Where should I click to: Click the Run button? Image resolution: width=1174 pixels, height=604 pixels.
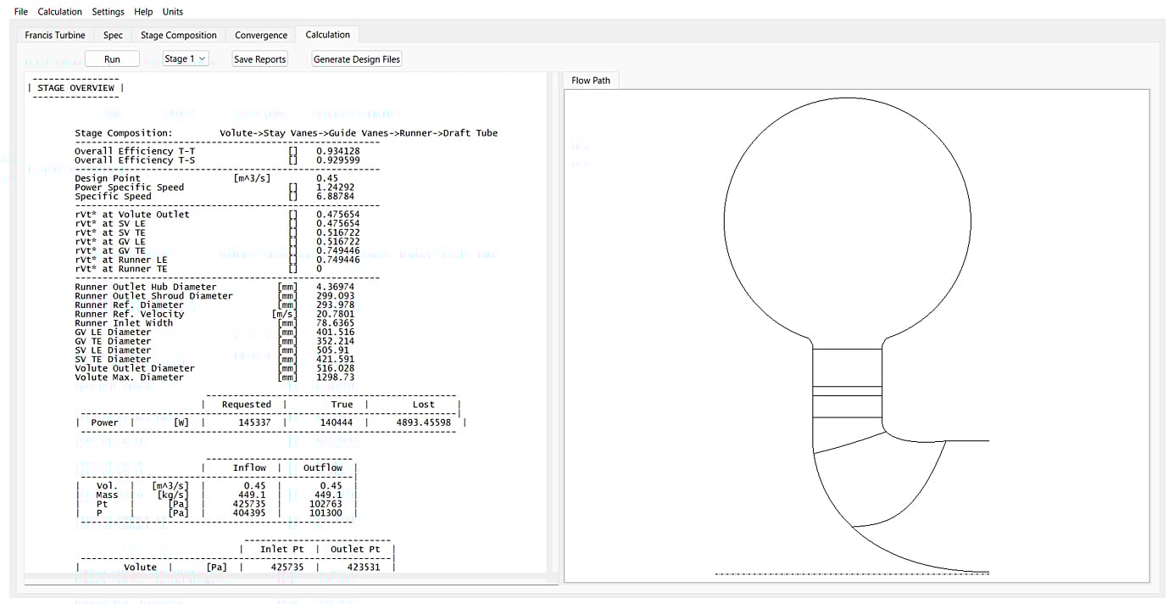(x=112, y=59)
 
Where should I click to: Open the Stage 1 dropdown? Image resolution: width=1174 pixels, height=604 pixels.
(x=185, y=59)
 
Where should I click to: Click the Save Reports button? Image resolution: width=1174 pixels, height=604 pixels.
(x=260, y=59)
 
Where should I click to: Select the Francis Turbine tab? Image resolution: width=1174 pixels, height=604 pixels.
(x=55, y=35)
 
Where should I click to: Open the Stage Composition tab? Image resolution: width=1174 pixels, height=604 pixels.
(x=179, y=35)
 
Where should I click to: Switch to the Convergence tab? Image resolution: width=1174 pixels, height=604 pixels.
(x=261, y=35)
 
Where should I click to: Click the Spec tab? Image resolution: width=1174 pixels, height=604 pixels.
(x=113, y=35)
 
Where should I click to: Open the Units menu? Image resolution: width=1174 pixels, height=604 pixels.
(x=173, y=12)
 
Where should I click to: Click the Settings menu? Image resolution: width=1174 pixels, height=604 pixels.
(x=108, y=12)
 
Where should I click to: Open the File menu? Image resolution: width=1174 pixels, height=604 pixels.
(x=21, y=12)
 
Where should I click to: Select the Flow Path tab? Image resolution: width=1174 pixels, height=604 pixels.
(x=591, y=81)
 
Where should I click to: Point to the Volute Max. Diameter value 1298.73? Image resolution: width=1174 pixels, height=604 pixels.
(x=335, y=377)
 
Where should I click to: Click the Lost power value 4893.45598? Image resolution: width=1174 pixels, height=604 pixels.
(x=423, y=422)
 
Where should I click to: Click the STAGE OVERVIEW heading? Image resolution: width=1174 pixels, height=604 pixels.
(x=75, y=88)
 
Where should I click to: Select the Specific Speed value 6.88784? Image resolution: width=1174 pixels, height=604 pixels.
(x=335, y=197)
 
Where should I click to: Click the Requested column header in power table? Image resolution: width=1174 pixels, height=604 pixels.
(x=246, y=405)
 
